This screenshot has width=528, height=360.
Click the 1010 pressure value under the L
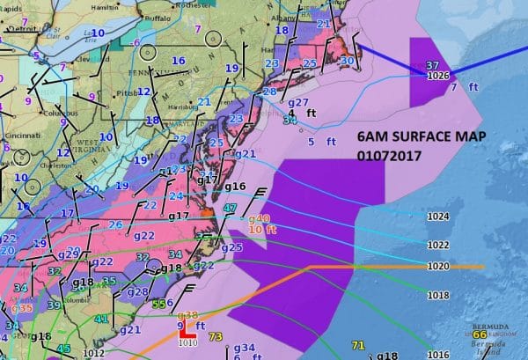(x=187, y=344)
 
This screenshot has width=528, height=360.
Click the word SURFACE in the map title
(x=430, y=139)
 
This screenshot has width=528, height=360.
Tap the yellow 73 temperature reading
(x=216, y=336)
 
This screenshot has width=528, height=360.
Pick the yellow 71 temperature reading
(x=358, y=344)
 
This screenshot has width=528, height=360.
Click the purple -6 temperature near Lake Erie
(x=136, y=43)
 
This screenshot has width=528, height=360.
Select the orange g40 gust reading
(x=259, y=218)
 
